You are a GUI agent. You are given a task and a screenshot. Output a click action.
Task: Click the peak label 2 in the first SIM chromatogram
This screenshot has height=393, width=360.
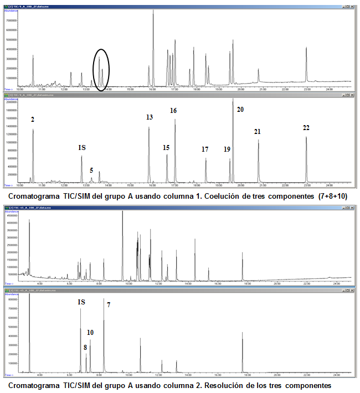(x=33, y=119)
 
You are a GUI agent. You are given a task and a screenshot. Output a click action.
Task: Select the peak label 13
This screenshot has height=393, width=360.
(x=150, y=117)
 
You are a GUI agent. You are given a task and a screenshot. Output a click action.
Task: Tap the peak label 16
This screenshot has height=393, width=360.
(x=173, y=111)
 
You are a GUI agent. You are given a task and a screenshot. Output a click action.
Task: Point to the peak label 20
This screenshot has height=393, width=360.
(x=240, y=110)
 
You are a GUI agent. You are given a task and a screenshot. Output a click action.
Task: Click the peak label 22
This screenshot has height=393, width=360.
(x=306, y=128)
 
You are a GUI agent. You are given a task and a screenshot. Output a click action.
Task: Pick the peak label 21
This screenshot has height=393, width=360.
(x=258, y=131)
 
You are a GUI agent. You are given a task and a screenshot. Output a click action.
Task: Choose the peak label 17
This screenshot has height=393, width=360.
(x=205, y=149)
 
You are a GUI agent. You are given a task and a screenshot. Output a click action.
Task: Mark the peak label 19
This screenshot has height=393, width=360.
(x=227, y=149)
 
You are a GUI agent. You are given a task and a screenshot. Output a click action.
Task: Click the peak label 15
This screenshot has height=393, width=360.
(x=166, y=148)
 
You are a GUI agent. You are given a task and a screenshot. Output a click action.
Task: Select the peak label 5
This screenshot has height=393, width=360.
(x=91, y=170)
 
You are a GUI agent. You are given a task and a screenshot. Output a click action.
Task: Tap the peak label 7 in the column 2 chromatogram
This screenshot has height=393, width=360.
(x=109, y=305)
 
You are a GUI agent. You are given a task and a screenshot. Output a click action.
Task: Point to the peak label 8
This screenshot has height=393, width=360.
(x=85, y=348)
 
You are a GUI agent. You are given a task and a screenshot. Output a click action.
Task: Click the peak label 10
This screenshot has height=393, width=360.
(x=90, y=333)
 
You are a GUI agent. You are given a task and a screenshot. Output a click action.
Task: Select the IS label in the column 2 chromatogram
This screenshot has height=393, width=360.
(x=81, y=302)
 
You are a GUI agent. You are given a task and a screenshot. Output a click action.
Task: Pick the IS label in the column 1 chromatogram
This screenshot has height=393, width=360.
(x=82, y=148)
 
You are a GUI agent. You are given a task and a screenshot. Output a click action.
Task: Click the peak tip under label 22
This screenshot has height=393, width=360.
(x=306, y=137)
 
